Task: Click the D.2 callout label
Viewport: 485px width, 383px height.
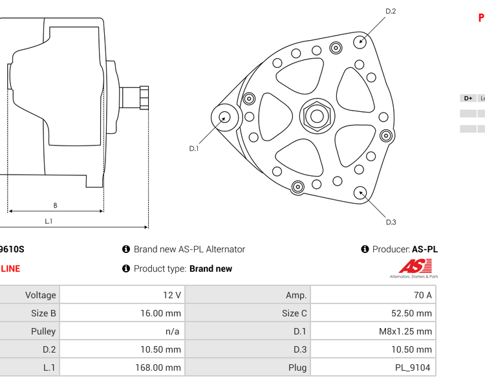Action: pyautogui.click(x=391, y=11)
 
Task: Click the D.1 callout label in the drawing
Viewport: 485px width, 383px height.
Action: pyautogui.click(x=194, y=148)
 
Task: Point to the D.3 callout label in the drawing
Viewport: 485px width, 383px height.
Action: pyautogui.click(x=391, y=223)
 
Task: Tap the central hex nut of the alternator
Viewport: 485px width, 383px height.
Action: pyautogui.click(x=317, y=116)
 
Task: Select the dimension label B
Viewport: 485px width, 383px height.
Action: pyautogui.click(x=55, y=206)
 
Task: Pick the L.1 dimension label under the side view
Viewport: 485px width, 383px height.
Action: pyautogui.click(x=48, y=221)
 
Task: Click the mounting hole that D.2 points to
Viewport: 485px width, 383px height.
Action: pyautogui.click(x=361, y=41)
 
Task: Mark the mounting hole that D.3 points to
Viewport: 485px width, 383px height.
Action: pyautogui.click(x=360, y=192)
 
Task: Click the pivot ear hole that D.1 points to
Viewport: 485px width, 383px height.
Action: pyautogui.click(x=224, y=117)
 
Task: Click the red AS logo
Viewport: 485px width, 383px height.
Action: pyautogui.click(x=415, y=266)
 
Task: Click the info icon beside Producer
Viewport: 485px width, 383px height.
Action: pyautogui.click(x=365, y=249)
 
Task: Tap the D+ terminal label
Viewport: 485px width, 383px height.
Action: pyautogui.click(x=468, y=98)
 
